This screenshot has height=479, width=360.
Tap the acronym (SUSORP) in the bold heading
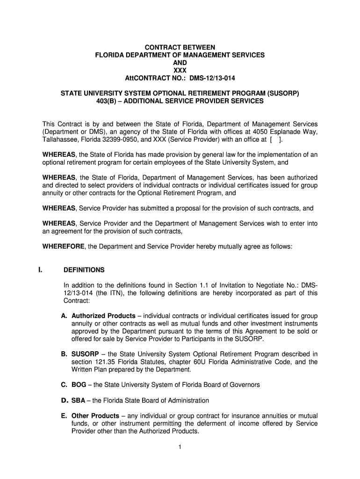280,93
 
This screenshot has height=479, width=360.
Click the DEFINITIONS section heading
84,270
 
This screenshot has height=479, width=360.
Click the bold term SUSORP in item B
85,354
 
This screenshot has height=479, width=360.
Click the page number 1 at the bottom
180,447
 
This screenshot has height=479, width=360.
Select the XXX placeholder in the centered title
180,70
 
